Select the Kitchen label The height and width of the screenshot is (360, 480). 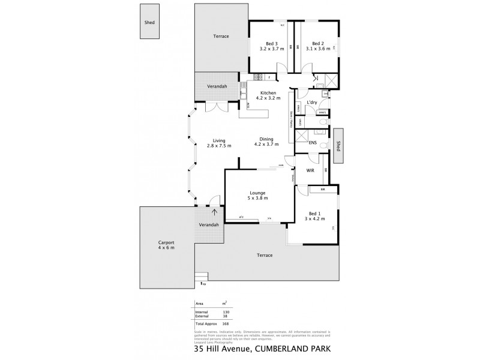click(268, 93)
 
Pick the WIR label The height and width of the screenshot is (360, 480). click(310, 171)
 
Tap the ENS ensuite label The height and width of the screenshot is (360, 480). click(313, 143)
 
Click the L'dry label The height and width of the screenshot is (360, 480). click(311, 103)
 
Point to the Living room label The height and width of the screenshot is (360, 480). click(209, 140)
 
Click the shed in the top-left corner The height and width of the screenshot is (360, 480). click(149, 22)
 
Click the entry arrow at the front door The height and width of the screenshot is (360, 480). click(214, 212)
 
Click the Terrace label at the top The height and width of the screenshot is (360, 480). click(221, 37)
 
